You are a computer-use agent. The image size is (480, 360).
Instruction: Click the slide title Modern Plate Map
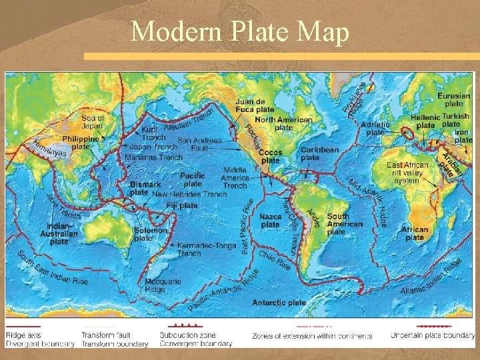[x=240, y=31]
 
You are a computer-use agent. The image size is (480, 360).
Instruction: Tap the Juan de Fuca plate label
[x=254, y=105]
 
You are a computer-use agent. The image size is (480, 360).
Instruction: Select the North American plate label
[x=283, y=123]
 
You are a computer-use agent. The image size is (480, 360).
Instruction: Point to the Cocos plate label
[x=271, y=156]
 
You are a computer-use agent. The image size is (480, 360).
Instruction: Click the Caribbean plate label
[x=319, y=154]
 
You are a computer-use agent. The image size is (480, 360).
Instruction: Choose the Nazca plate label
[x=271, y=221]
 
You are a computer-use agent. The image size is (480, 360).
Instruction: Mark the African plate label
[x=415, y=233]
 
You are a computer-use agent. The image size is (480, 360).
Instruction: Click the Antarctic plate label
[x=279, y=303]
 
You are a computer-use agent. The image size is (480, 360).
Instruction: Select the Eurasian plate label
[x=453, y=100]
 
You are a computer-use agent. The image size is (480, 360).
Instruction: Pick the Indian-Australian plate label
[x=59, y=233]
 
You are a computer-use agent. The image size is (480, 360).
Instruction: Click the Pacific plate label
[x=193, y=179]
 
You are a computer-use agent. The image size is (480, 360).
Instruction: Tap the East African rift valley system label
[x=407, y=173]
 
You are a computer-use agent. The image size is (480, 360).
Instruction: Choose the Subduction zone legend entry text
[x=187, y=335]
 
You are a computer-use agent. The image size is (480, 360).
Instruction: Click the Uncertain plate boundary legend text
[x=433, y=335]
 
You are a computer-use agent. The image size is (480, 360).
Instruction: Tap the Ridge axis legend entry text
[x=23, y=335]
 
